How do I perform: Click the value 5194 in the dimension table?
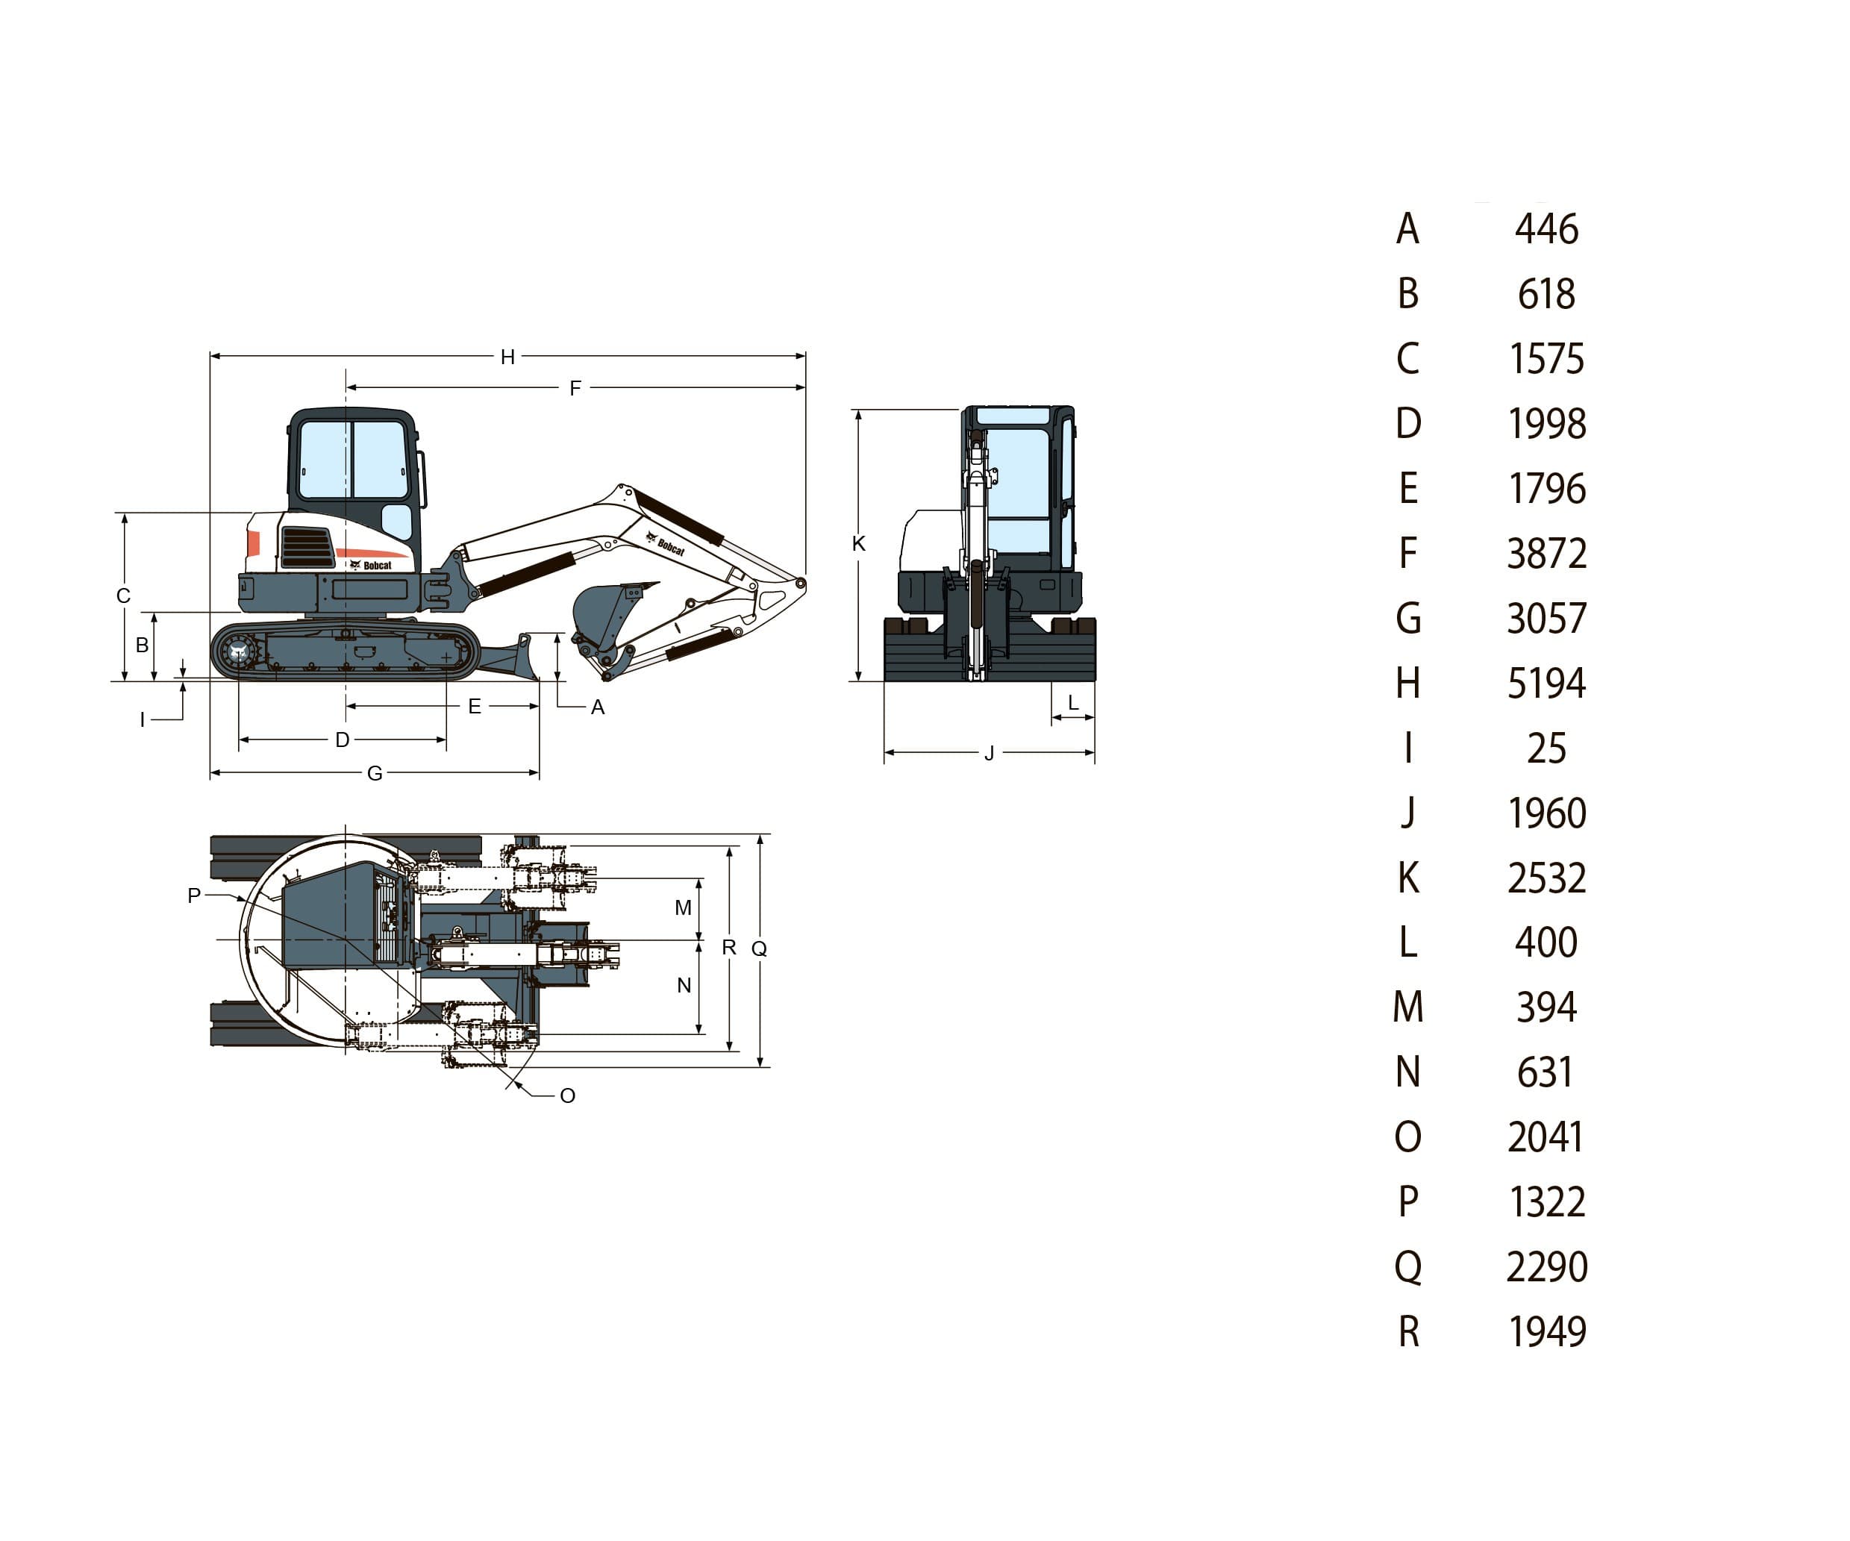[x=1546, y=684]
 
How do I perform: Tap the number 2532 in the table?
[x=1546, y=878]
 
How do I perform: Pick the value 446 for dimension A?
[x=1546, y=229]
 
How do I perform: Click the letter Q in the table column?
[x=1407, y=1267]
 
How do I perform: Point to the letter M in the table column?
[x=1407, y=1007]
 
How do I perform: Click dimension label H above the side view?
[x=507, y=357]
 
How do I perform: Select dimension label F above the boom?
[x=575, y=387]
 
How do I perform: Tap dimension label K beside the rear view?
[x=859, y=543]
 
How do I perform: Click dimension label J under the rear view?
[x=990, y=753]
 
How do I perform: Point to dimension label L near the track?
[x=1073, y=703]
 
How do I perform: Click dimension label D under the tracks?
[x=343, y=740]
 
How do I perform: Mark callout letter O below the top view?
[x=567, y=1095]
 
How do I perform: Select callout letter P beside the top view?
[x=195, y=895]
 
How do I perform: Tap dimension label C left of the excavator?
[x=123, y=596]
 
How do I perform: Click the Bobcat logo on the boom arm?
[x=670, y=546]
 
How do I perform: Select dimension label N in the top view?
[x=684, y=985]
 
